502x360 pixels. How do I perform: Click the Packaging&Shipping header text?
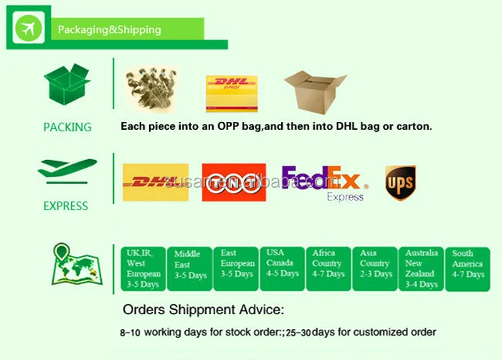(109, 30)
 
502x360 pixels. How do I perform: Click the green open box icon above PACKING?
(67, 85)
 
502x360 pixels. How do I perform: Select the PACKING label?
(67, 127)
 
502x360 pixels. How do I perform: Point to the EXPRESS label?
(65, 206)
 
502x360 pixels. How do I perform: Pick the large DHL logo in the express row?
(156, 182)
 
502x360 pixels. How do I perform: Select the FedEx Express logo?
(325, 183)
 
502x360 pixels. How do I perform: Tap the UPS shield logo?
(400, 183)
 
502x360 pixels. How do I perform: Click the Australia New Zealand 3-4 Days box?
(421, 268)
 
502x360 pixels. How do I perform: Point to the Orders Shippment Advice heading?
(204, 311)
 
